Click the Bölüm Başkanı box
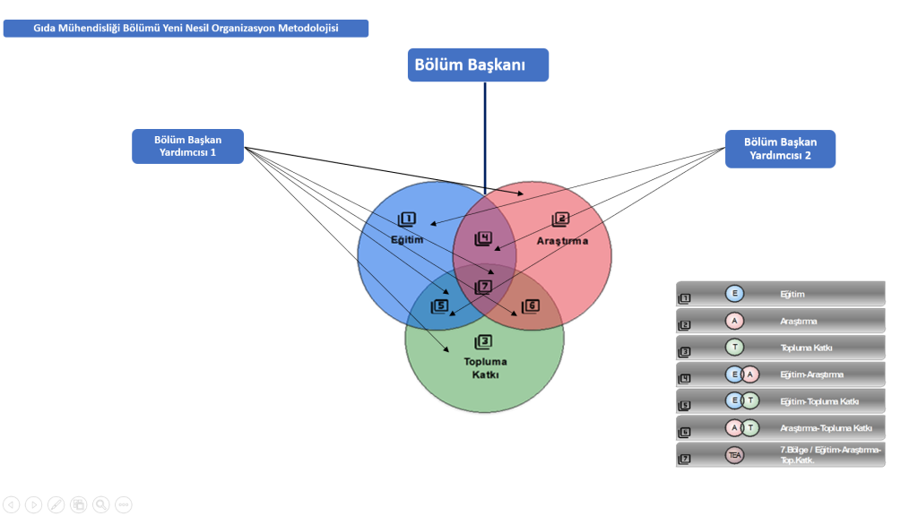(478, 64)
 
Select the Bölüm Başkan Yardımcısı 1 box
(187, 147)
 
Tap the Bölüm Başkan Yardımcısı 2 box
(780, 149)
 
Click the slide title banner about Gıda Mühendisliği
(186, 29)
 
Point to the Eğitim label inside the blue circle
(407, 240)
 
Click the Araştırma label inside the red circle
(562, 241)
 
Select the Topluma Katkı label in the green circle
(485, 367)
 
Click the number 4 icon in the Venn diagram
(483, 238)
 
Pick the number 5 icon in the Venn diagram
(439, 306)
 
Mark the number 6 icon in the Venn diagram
(531, 306)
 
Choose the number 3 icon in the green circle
(483, 341)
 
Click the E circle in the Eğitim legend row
(734, 294)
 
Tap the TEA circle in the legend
(735, 455)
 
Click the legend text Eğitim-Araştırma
(811, 374)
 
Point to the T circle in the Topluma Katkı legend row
(734, 348)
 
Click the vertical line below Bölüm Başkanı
(485, 134)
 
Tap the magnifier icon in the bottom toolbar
(101, 504)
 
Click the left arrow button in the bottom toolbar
(12, 504)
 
